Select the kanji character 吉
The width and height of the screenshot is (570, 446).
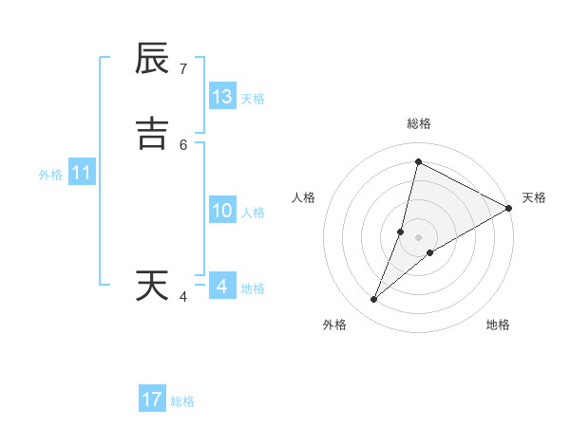[152, 134]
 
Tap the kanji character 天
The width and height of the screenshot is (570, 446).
[152, 286]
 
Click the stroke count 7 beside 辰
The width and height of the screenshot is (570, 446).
[183, 69]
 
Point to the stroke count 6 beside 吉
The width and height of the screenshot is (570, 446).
[183, 144]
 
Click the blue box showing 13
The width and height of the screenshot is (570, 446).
[222, 97]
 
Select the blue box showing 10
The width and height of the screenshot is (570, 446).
[222, 211]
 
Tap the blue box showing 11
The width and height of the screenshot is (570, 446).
[82, 174]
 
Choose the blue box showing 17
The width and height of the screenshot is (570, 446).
[152, 400]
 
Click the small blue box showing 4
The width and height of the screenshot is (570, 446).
[222, 287]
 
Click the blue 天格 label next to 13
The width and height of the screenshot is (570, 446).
[253, 99]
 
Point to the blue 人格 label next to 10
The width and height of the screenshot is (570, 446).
[253, 213]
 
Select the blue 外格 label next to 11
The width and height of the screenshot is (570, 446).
[50, 175]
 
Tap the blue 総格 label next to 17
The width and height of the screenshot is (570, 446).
[182, 401]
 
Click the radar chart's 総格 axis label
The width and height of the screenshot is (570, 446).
[418, 123]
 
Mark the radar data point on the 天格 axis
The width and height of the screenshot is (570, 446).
[509, 209]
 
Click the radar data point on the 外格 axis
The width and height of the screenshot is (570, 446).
[374, 300]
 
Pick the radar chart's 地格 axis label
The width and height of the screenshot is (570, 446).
[498, 325]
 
